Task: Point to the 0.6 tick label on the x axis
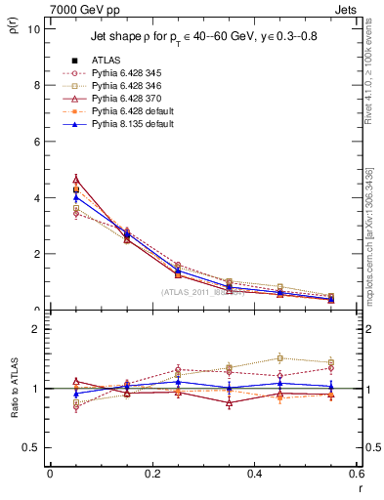pos(356,473)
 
